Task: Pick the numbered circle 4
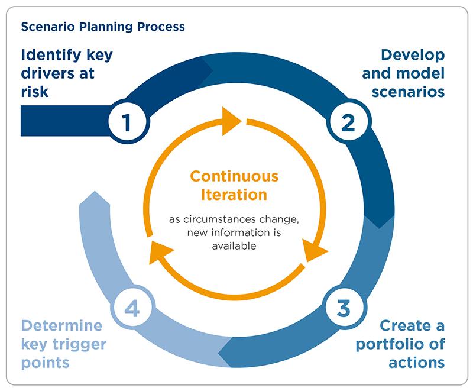point(132,308)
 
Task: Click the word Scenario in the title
point(44,27)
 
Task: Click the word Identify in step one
point(53,56)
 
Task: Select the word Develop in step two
point(413,56)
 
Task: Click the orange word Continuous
point(234,177)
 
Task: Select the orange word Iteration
point(234,195)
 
